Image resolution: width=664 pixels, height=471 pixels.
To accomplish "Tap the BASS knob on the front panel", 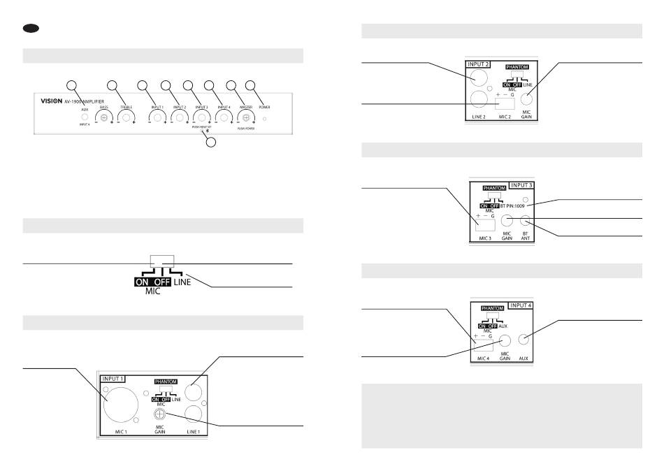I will click(x=104, y=119).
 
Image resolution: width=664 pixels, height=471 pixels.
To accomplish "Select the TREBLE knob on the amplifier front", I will click(x=127, y=119).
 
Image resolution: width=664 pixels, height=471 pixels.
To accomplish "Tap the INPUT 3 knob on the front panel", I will click(x=201, y=119).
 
